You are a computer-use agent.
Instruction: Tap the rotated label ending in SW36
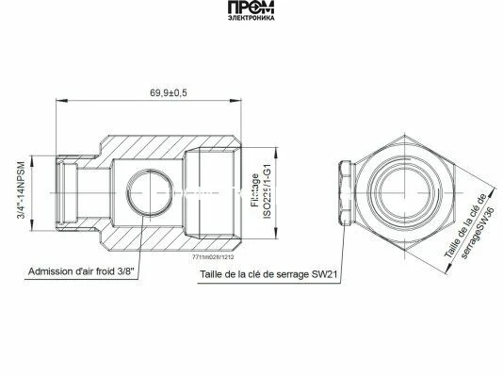468,226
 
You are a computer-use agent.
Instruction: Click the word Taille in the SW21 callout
215,276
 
